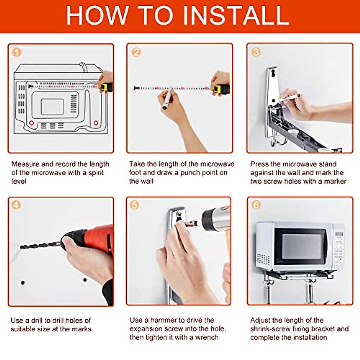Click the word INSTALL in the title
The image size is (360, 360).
point(236,15)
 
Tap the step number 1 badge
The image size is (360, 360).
point(17,52)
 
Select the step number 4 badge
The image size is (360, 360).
point(16,205)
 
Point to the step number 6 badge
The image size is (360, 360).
point(256,205)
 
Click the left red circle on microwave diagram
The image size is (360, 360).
point(31,123)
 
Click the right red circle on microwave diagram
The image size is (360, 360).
point(96,123)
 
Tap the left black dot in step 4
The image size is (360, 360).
point(23,283)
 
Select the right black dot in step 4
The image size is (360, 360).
point(85,280)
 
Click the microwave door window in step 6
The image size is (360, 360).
point(301,246)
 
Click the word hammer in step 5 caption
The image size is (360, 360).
point(164,320)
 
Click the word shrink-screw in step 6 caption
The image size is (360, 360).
point(270,329)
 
